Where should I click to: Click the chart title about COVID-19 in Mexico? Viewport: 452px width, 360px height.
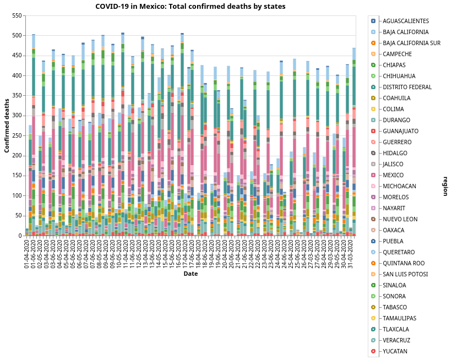click(x=190, y=7)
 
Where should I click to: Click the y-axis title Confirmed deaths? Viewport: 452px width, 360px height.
click(x=7, y=126)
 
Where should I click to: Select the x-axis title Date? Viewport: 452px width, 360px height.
click(x=190, y=274)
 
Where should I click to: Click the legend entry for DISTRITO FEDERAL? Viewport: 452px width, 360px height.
click(x=407, y=87)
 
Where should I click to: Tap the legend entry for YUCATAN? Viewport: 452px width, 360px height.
click(x=395, y=351)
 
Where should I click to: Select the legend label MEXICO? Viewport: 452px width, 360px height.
click(x=394, y=175)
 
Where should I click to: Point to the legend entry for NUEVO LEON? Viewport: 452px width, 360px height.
click(x=400, y=219)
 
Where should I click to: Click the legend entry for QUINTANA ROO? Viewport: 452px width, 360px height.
click(x=403, y=263)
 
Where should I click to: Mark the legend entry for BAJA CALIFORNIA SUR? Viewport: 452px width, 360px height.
click(x=412, y=43)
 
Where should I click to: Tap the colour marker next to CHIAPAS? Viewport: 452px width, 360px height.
click(x=373, y=65)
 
